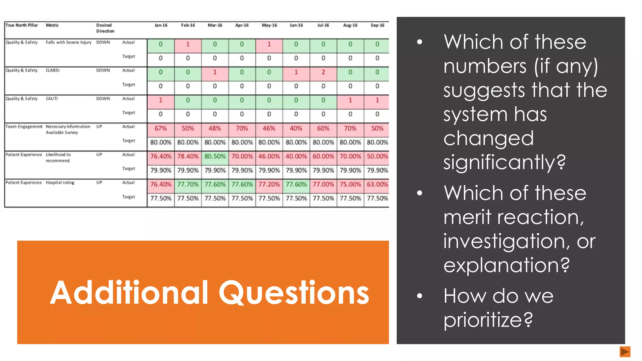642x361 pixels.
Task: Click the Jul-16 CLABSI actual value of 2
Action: [323, 72]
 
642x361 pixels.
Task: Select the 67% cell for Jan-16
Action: [160, 128]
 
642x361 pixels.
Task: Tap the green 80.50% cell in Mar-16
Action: [215, 156]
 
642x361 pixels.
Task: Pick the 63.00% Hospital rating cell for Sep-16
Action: [377, 184]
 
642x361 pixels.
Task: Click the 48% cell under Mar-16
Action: [215, 128]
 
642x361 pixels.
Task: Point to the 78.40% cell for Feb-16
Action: [188, 156]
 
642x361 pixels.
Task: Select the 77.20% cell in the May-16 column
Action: [269, 184]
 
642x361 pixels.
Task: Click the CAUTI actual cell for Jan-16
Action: [160, 100]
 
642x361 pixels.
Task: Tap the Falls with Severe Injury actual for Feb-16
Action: [188, 44]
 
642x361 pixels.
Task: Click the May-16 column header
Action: [269, 25]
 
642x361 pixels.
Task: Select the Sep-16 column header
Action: [377, 25]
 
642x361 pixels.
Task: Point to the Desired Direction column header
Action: [105, 28]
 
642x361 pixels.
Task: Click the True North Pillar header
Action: [22, 25]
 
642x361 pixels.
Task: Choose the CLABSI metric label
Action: [53, 71]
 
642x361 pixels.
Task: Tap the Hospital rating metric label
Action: [60, 183]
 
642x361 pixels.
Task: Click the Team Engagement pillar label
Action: [24, 127]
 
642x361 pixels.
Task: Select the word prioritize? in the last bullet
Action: [488, 320]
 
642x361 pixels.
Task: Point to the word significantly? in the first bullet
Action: [504, 162]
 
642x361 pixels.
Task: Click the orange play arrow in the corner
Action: [625, 352]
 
